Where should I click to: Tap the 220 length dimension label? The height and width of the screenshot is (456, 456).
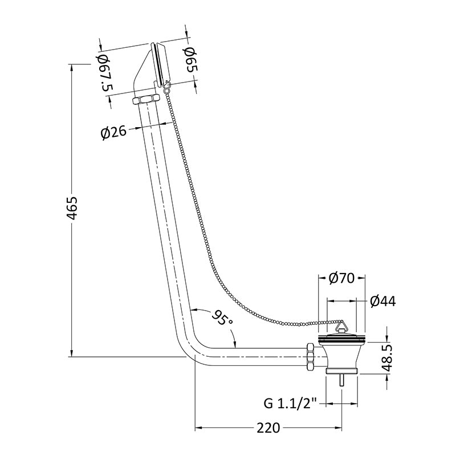point(268,427)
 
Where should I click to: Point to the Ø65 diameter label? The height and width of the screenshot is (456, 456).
point(191,60)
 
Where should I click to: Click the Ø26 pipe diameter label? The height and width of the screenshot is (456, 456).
point(113,133)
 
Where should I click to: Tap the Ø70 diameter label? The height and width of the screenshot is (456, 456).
point(341,278)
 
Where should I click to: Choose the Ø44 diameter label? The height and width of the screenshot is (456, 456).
point(382,302)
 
